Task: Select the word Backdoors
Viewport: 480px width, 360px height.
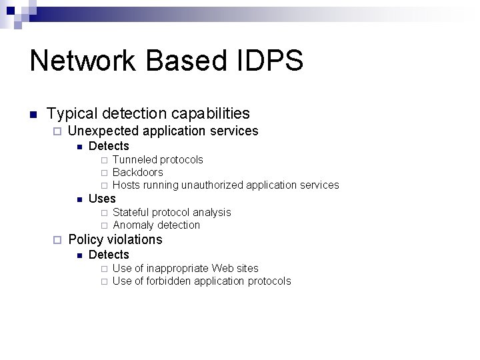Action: [138, 173]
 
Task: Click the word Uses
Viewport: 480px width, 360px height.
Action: [102, 199]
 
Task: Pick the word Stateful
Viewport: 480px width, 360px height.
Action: [132, 213]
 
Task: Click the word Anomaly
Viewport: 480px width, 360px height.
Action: [134, 225]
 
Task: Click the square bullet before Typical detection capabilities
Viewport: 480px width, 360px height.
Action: [32, 115]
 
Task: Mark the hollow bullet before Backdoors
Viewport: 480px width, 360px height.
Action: [104, 173]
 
